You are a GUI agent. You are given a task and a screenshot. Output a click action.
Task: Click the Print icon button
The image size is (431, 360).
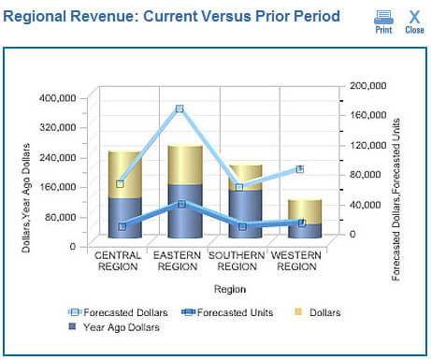click(x=383, y=20)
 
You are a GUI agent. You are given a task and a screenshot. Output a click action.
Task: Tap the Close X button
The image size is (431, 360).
click(x=414, y=20)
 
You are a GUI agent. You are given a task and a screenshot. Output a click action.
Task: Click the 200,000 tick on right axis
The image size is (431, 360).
click(x=366, y=85)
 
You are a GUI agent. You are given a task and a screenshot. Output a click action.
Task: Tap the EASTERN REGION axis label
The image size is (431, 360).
click(x=177, y=260)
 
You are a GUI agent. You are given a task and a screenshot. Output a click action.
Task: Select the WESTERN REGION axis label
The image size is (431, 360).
click(x=297, y=260)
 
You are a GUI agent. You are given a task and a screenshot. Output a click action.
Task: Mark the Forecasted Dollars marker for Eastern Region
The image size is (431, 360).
click(x=180, y=109)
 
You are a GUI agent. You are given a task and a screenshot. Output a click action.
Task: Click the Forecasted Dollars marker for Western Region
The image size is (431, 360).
click(x=299, y=169)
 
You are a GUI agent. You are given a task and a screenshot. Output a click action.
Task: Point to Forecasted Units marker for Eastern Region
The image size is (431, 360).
click(x=181, y=204)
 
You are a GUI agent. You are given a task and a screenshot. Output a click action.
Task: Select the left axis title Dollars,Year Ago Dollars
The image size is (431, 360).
click(x=26, y=196)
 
